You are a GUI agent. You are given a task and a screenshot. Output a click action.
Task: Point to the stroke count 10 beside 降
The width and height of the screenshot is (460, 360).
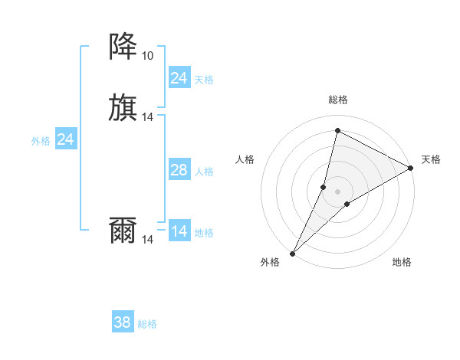147,56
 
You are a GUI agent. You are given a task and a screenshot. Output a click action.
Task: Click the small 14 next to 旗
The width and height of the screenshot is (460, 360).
148,117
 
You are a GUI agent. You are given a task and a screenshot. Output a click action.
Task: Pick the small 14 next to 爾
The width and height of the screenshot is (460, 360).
148,240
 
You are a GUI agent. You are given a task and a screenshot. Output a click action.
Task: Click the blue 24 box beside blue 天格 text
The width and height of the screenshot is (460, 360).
179,78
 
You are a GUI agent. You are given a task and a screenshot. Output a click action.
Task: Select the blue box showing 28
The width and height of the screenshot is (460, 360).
179,170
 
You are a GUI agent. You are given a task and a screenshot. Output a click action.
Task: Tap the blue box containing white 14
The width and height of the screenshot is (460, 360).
179,231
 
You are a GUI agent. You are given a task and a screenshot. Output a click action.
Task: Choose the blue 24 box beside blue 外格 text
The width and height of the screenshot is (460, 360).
66,139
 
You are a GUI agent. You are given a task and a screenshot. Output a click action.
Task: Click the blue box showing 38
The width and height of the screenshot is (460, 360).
123,322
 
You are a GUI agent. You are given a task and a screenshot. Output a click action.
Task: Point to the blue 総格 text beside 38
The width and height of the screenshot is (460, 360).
147,324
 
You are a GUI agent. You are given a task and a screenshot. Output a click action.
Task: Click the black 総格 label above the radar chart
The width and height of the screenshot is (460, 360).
338,100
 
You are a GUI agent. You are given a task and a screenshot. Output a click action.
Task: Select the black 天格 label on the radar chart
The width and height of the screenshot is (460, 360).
431,159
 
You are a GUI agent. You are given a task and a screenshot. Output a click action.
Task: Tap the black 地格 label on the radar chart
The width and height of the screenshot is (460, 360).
402,262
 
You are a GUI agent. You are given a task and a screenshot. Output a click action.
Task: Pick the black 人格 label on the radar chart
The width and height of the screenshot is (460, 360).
245,159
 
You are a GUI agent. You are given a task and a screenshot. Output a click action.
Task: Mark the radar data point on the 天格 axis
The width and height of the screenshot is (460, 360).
411,168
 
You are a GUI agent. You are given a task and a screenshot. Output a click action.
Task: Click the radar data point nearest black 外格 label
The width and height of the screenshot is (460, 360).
293,253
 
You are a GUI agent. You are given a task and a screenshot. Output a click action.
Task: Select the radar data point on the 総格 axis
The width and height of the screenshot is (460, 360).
337,131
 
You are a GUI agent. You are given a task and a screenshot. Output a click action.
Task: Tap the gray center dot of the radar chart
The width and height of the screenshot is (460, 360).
337,191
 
